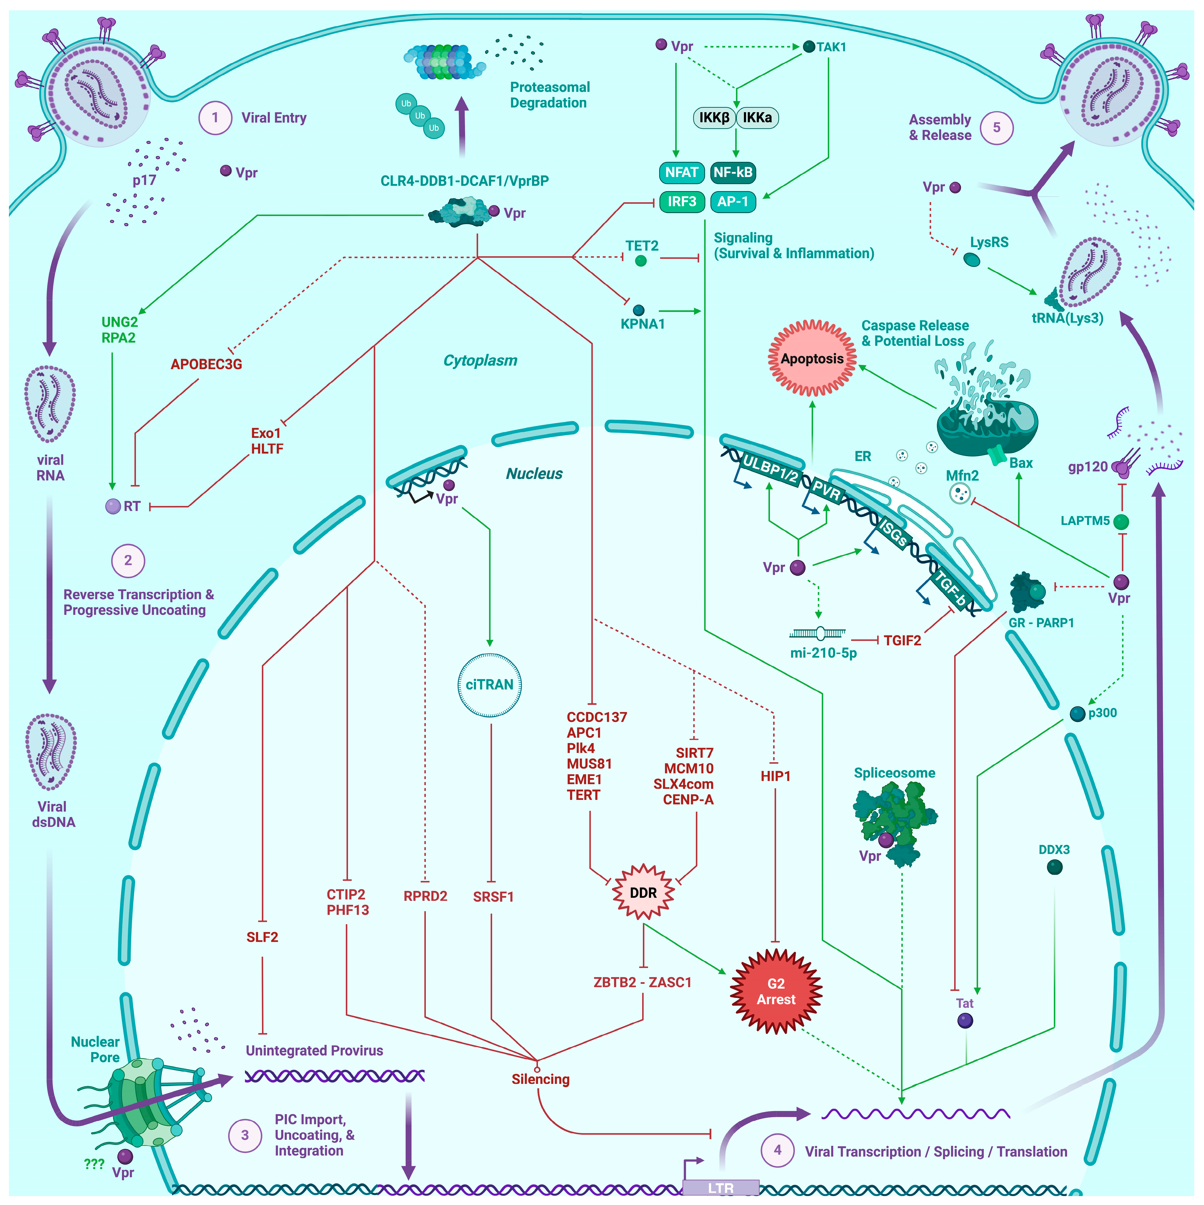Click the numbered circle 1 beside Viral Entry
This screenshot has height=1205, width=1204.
(215, 118)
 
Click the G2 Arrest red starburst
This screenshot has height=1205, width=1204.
(776, 991)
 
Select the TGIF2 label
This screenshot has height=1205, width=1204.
(902, 641)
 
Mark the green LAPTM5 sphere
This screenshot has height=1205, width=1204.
(1121, 521)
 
